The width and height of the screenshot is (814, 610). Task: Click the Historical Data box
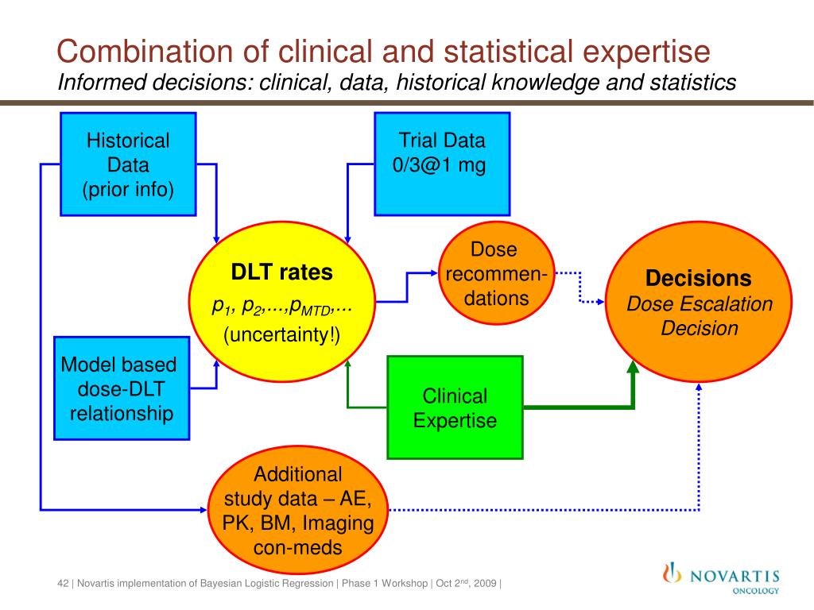(x=128, y=164)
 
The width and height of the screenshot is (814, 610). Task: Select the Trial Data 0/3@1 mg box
(x=441, y=164)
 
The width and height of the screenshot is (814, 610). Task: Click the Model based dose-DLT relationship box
(x=122, y=388)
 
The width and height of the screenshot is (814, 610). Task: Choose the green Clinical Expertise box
(x=455, y=407)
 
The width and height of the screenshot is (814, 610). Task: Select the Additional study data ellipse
(x=298, y=511)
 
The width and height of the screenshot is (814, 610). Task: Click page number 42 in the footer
(x=63, y=584)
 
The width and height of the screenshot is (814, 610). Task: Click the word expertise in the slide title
(x=642, y=52)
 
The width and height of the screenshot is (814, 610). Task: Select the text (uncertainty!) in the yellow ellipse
(x=281, y=335)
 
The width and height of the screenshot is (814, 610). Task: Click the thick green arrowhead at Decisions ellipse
(x=633, y=367)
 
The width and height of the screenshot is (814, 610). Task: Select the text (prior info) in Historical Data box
(x=128, y=191)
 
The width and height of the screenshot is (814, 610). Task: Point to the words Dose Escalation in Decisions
(x=700, y=304)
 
